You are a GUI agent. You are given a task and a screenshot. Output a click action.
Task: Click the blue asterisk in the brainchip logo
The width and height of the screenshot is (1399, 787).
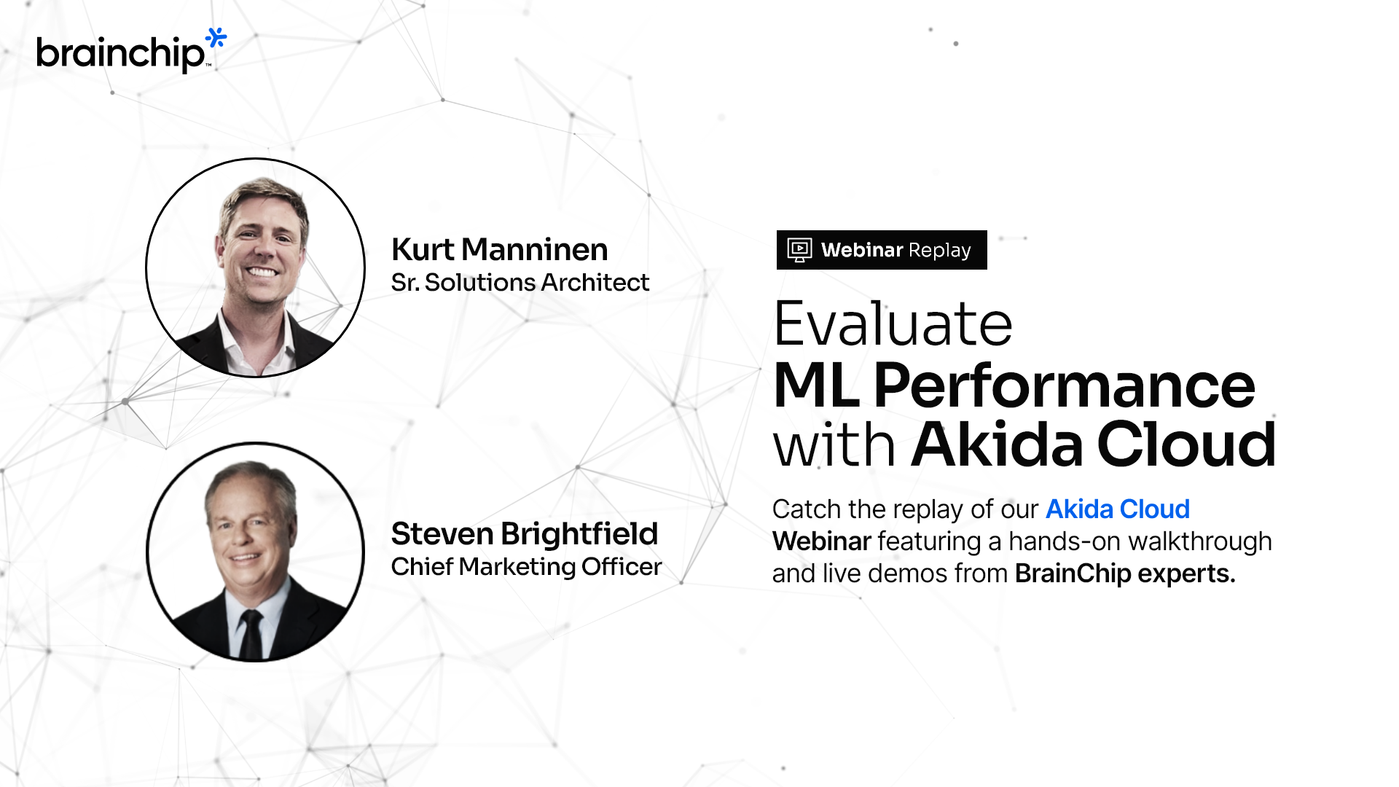216,38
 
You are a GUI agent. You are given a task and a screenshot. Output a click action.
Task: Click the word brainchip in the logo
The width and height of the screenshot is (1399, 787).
120,53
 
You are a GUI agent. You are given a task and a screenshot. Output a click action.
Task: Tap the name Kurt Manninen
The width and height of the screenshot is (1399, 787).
499,250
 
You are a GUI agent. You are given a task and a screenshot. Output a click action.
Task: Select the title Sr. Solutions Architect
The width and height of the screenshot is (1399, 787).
520,283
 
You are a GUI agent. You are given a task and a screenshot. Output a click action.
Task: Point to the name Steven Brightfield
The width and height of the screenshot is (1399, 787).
524,534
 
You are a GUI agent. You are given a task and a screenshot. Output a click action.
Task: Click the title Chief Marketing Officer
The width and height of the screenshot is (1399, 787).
526,567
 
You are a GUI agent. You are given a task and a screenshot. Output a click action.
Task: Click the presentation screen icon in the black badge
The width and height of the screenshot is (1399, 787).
799,250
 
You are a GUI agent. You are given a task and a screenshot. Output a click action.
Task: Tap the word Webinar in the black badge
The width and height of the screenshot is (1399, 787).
862,250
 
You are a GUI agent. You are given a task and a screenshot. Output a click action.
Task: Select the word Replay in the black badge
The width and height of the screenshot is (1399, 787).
940,250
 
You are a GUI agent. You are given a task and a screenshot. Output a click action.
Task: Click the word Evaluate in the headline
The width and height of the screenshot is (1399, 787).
893,324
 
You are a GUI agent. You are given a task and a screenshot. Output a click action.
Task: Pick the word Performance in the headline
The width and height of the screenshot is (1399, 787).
1064,386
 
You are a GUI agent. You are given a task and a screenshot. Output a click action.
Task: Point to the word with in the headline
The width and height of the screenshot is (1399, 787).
834,446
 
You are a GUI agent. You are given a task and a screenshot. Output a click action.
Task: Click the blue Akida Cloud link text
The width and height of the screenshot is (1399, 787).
1117,509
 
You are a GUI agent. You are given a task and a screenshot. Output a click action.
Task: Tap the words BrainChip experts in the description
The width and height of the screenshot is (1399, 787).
1124,574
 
